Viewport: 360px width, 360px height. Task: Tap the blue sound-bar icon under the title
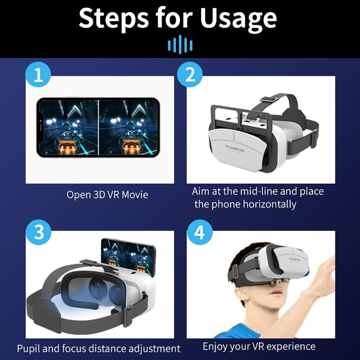pyautogui.click(x=180, y=45)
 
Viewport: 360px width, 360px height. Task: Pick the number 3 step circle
pyautogui.click(x=39, y=232)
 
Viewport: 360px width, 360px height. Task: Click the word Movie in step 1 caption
pyautogui.click(x=135, y=195)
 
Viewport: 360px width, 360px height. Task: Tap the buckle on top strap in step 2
pyautogui.click(x=265, y=98)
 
